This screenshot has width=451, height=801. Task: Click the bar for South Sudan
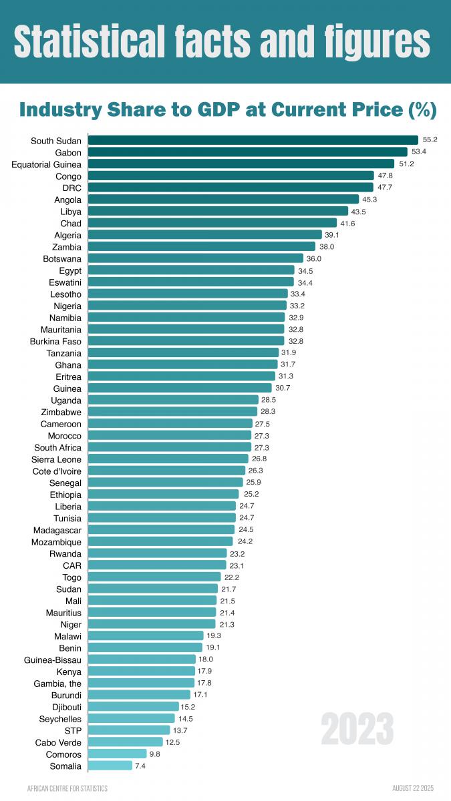click(x=253, y=140)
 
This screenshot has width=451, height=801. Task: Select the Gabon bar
click(x=247, y=152)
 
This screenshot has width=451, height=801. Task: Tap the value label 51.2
click(x=406, y=164)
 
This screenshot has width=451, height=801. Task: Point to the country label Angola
click(x=67, y=200)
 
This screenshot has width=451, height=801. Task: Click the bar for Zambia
click(x=201, y=246)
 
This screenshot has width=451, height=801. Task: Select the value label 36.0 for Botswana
click(x=314, y=258)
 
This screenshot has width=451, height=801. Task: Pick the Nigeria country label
click(x=67, y=306)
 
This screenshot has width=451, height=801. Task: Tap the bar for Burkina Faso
click(x=186, y=341)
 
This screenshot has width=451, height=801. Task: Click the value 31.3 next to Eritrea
click(x=285, y=376)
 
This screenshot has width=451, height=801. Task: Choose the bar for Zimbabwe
click(x=172, y=412)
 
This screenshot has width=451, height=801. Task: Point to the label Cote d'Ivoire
click(x=56, y=471)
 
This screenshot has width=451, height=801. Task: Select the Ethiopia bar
click(x=163, y=495)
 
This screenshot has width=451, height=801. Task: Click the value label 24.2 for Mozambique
click(x=245, y=541)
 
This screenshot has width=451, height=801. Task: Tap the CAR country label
click(x=72, y=565)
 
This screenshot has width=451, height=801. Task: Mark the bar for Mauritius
click(x=152, y=612)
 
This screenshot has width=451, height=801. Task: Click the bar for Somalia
click(x=110, y=766)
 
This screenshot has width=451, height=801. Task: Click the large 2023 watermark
click(x=357, y=729)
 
